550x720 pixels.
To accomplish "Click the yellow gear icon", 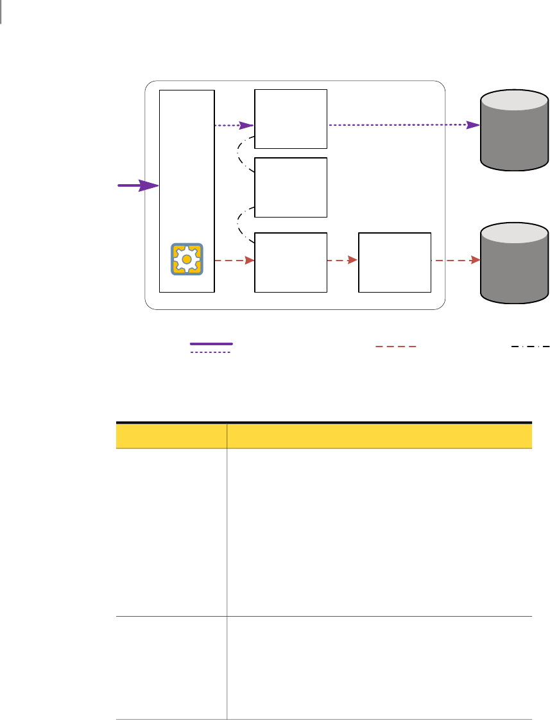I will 187,259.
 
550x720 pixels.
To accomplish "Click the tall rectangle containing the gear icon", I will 187,167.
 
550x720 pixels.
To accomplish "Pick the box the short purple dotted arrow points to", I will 291,119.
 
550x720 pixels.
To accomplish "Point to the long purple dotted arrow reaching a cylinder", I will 404,125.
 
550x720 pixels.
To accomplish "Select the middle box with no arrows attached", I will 291,187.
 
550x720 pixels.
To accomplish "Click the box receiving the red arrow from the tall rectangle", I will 291,262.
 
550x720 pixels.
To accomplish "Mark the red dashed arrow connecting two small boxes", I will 342,261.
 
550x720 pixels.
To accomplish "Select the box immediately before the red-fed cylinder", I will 394,262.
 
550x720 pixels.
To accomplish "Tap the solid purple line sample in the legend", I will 211,345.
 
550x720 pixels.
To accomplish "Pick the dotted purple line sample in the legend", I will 211,352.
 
